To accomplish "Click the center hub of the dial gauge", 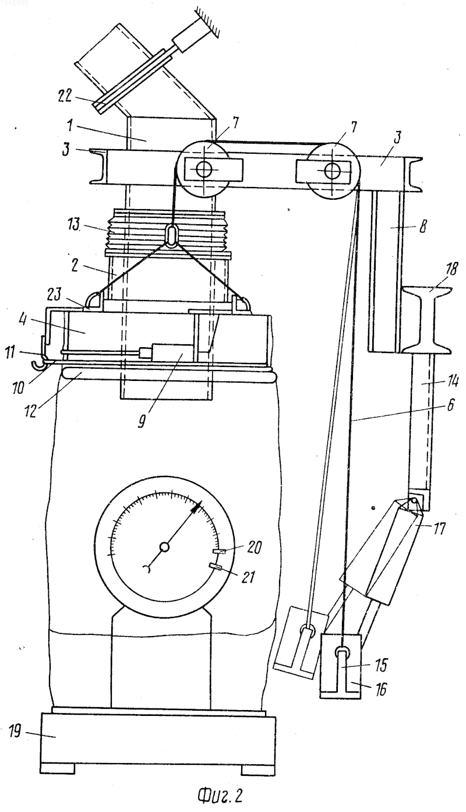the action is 164,547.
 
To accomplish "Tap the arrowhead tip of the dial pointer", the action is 201,502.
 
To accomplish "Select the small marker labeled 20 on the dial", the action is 220,552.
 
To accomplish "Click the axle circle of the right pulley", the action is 332,171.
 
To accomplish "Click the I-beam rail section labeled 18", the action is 426,319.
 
